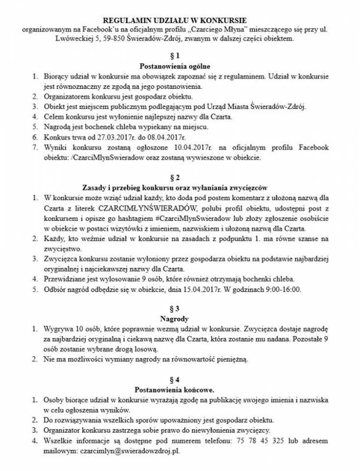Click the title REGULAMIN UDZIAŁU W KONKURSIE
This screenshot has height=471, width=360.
[x=179, y=19]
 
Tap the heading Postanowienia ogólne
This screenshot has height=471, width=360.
[x=180, y=66]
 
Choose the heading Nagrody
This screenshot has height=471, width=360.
[x=180, y=318]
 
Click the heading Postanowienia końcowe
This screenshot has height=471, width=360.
[x=180, y=390]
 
